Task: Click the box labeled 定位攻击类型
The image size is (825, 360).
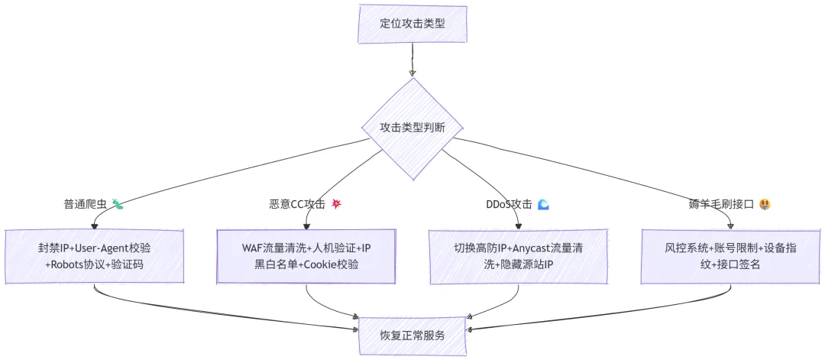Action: pyautogui.click(x=412, y=24)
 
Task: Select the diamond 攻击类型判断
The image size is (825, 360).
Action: pyautogui.click(x=412, y=128)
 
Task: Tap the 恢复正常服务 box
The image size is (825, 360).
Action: pyautogui.click(x=412, y=336)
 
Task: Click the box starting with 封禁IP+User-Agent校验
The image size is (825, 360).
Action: pyautogui.click(x=95, y=256)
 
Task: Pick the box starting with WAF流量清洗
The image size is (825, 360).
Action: pyautogui.click(x=306, y=256)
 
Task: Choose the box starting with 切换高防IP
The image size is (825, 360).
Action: pyautogui.click(x=518, y=256)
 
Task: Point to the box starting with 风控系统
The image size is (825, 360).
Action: pyautogui.click(x=731, y=256)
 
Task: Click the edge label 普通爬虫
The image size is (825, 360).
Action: pyautogui.click(x=86, y=205)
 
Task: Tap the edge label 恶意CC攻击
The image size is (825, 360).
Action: pyautogui.click(x=297, y=205)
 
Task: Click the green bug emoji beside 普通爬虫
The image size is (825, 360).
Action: pyautogui.click(x=118, y=205)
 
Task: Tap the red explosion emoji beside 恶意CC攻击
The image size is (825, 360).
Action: pyautogui.click(x=335, y=205)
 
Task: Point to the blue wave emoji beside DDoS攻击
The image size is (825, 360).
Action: pyautogui.click(x=544, y=205)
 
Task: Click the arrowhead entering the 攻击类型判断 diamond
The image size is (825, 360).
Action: pyautogui.click(x=412, y=73)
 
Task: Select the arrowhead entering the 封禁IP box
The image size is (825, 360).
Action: pyautogui.click(x=95, y=226)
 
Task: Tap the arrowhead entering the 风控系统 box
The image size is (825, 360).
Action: pyautogui.click(x=731, y=226)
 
